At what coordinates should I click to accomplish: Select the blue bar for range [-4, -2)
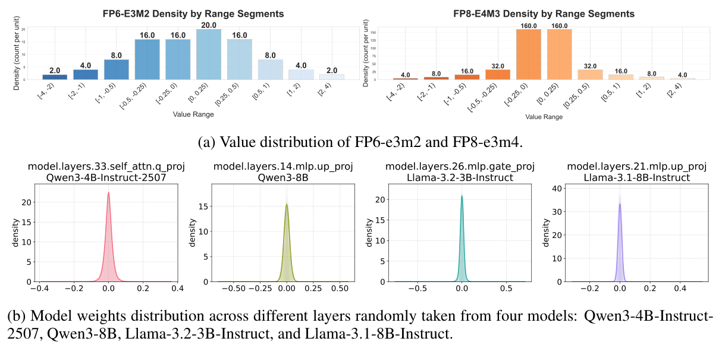pos(55,77)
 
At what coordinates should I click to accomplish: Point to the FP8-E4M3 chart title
pos(540,13)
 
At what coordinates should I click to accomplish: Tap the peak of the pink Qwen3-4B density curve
pos(108,192)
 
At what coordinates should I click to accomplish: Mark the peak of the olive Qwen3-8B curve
pos(287,204)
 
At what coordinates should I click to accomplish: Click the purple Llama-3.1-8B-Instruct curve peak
pos(620,204)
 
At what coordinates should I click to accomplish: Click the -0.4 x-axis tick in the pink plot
pos(39,290)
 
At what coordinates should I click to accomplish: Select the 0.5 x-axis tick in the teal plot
pos(506,290)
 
